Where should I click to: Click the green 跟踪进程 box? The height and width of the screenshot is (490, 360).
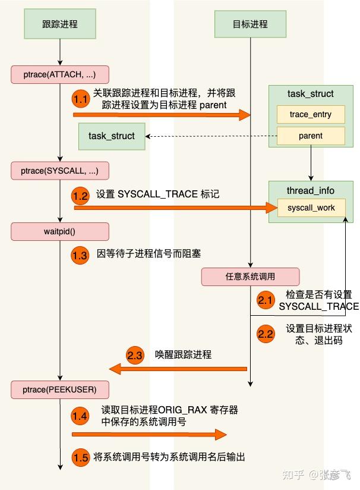(60, 24)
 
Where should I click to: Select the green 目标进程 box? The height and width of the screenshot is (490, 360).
(250, 24)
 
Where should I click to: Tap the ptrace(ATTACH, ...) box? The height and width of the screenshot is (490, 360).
(59, 74)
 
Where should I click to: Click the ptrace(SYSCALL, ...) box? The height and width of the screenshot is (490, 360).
(59, 171)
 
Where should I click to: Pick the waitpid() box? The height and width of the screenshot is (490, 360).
(59, 231)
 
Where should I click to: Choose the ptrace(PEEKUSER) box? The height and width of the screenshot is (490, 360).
(59, 390)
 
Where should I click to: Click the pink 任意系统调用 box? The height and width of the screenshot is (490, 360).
(250, 277)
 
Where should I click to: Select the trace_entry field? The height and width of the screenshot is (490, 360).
(310, 114)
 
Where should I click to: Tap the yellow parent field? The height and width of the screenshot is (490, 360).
(310, 136)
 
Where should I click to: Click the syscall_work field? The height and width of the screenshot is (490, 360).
(311, 208)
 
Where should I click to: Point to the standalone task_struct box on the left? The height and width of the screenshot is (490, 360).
(112, 136)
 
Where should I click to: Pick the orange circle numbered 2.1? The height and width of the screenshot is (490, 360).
(266, 300)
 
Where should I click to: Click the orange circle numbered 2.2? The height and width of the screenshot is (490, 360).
(266, 334)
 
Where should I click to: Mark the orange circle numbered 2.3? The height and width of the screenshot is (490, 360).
(135, 355)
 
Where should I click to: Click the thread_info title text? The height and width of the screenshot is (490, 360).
(310, 190)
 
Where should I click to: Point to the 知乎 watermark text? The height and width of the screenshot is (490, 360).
(294, 475)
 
